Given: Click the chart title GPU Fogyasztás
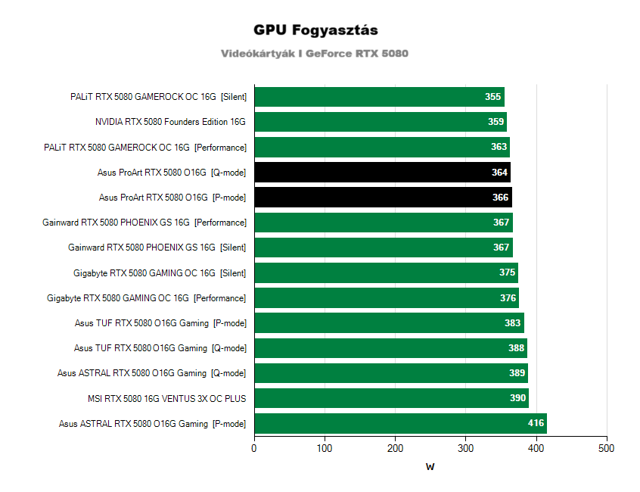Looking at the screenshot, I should click(316, 30).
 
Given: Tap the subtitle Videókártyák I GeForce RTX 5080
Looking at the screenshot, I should click(315, 54).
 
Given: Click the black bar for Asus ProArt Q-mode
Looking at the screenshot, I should click(382, 173).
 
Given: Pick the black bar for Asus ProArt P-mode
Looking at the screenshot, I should click(383, 198).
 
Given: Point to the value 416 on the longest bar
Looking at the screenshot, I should click(536, 424).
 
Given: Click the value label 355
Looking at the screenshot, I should click(492, 97).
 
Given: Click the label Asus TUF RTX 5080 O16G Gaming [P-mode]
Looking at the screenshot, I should click(160, 323).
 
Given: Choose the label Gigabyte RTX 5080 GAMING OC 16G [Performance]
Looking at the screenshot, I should click(146, 298).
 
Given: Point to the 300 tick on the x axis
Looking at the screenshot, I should click(466, 449).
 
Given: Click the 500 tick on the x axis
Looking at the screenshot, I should click(607, 449).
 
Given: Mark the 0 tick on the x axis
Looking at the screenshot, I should click(254, 449).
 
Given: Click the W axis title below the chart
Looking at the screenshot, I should click(430, 467).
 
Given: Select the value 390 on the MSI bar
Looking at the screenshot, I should click(518, 399).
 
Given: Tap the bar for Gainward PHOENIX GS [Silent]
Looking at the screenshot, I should click(383, 248).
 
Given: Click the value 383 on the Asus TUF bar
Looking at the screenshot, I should click(513, 323).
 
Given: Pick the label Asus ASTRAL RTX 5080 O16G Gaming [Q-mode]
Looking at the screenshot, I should click(151, 373).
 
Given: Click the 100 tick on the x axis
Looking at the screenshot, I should click(325, 449).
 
